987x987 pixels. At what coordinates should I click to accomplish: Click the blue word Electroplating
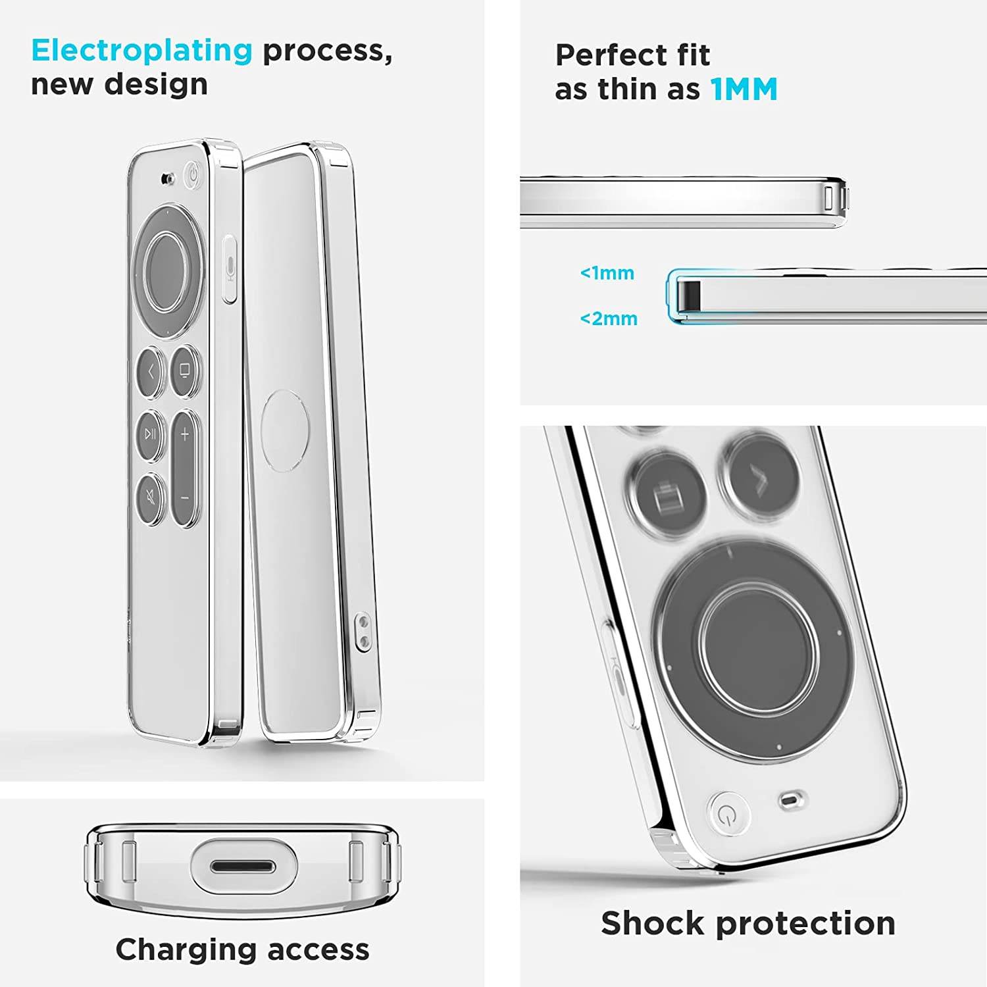(141, 51)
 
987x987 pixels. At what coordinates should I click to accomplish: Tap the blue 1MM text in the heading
(744, 89)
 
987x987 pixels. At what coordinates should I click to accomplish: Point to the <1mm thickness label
(607, 273)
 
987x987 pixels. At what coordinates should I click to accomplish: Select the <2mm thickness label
(609, 319)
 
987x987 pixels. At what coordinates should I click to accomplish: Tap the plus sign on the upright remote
(185, 434)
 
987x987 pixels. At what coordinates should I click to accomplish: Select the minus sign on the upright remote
(185, 498)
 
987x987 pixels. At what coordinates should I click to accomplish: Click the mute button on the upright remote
(151, 498)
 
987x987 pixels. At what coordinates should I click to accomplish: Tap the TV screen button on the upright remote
(185, 371)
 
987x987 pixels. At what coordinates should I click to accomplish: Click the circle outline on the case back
(285, 430)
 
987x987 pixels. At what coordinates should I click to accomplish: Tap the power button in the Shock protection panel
(728, 815)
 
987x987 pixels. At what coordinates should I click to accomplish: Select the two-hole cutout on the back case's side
(362, 632)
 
